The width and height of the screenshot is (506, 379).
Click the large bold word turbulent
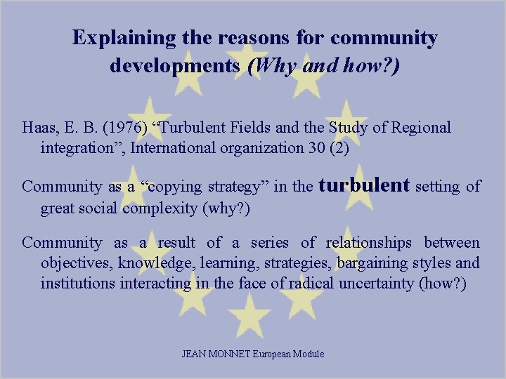click(x=364, y=185)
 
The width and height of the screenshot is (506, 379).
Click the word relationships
click(x=369, y=243)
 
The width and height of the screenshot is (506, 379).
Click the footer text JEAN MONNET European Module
click(x=253, y=354)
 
